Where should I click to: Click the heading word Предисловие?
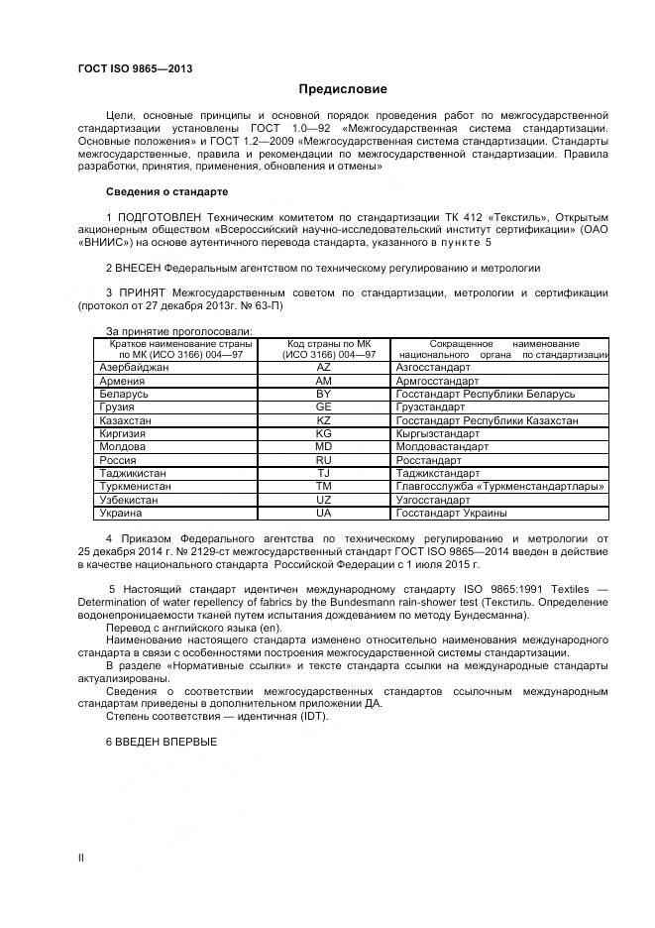pyautogui.click(x=343, y=89)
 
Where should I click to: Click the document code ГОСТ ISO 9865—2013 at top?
pyautogui.click(x=135, y=68)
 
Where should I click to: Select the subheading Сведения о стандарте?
pyautogui.click(x=166, y=191)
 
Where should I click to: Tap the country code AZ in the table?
pyautogui.click(x=323, y=367)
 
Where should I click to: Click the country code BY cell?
pyautogui.click(x=323, y=394)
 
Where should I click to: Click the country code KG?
pyautogui.click(x=323, y=434)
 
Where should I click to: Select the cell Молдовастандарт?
pyautogui.click(x=441, y=447)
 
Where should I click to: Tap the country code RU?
pyautogui.click(x=323, y=460)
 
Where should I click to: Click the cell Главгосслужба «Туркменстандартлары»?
pyautogui.click(x=499, y=487)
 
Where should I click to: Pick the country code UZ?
pyautogui.click(x=323, y=501)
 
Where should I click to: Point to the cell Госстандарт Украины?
pyautogui.click(x=451, y=514)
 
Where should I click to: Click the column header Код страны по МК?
pyautogui.click(x=323, y=343)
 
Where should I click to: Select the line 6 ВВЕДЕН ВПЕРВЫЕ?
pyautogui.click(x=161, y=742)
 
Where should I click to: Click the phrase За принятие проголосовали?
pyautogui.click(x=178, y=330)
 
